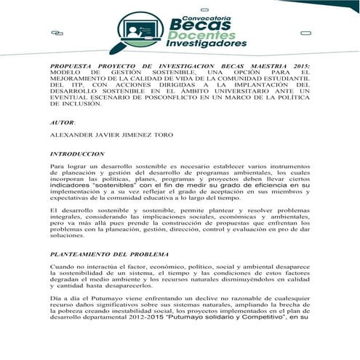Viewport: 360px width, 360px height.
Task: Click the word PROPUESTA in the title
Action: (72, 65)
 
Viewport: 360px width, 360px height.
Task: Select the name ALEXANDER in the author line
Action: (74, 135)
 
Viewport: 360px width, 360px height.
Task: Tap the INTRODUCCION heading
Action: (77, 154)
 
